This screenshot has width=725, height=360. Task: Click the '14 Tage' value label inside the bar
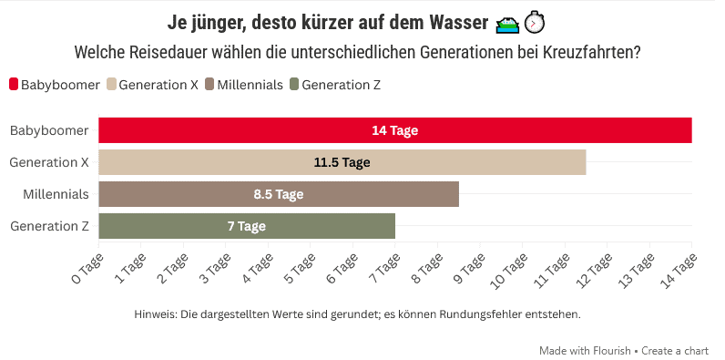click(x=394, y=130)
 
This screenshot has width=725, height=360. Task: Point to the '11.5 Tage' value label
click(x=342, y=162)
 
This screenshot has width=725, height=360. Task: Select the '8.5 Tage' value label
click(x=278, y=194)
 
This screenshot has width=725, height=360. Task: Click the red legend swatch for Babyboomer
click(x=14, y=85)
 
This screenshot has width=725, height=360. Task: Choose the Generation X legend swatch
click(x=112, y=85)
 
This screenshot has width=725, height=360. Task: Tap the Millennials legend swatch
click(x=210, y=85)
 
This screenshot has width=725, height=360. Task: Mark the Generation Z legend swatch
click(x=294, y=85)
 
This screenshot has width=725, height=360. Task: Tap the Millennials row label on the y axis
click(x=56, y=194)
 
